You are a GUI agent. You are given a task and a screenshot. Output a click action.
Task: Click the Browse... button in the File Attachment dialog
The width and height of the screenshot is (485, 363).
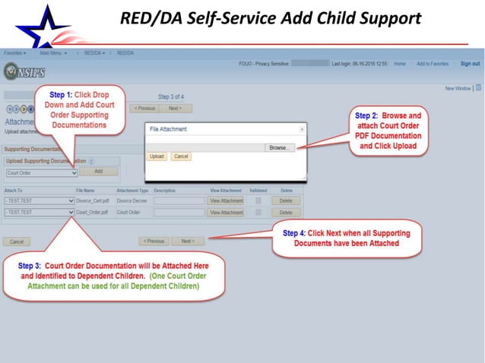click(280, 148)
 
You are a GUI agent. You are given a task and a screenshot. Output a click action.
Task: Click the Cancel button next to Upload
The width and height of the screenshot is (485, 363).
click(180, 156)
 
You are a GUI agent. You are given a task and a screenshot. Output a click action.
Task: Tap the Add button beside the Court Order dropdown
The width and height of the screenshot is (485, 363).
click(98, 172)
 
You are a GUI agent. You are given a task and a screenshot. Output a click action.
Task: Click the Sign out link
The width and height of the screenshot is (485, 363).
click(470, 64)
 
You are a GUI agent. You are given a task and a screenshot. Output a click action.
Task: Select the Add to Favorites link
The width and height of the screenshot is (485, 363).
click(432, 64)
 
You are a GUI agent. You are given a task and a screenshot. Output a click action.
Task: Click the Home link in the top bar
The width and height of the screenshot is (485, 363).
click(399, 64)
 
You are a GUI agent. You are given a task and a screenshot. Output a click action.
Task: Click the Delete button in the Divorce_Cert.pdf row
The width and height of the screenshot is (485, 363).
click(285, 201)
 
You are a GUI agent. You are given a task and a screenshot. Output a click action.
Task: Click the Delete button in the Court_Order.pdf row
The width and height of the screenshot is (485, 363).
click(285, 213)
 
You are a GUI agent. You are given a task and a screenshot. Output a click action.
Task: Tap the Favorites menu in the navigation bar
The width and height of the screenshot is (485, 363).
click(14, 53)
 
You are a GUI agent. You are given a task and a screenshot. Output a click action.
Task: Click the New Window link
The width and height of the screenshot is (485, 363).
click(458, 89)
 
